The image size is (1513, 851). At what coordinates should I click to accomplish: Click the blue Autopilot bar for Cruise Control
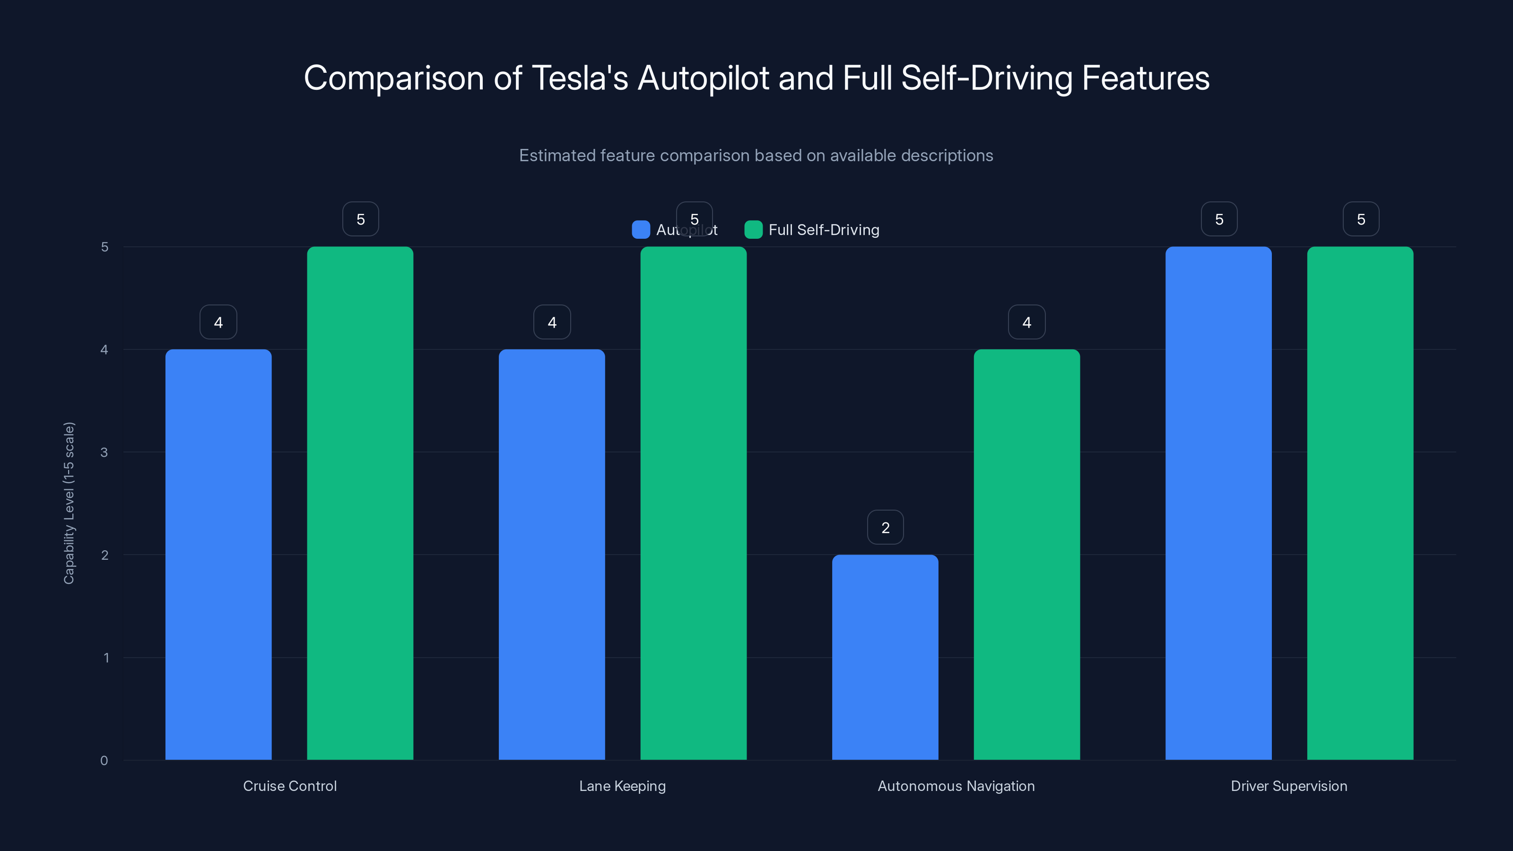point(218,555)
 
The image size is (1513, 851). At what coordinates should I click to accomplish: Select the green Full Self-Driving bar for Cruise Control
point(360,504)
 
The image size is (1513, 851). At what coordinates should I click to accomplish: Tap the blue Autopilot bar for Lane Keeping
point(551,555)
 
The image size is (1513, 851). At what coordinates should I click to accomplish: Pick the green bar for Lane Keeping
point(693,504)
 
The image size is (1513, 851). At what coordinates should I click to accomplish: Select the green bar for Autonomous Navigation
point(1026,555)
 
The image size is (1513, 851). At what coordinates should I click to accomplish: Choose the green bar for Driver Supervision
point(1360,504)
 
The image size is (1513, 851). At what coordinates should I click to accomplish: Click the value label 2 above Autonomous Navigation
point(885,528)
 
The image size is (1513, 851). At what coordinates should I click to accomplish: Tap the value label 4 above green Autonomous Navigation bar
point(1026,322)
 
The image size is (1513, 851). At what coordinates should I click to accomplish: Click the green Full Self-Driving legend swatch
point(753,230)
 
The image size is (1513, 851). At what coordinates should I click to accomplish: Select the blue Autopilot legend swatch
point(640,230)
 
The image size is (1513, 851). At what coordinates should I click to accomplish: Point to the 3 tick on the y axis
point(104,452)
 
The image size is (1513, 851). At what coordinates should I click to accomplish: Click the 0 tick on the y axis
point(104,761)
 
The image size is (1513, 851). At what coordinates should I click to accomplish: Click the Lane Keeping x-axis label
point(622,786)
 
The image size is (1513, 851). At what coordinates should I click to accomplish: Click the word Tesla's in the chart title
point(580,78)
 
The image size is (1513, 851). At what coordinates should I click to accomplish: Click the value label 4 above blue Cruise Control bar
point(218,322)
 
